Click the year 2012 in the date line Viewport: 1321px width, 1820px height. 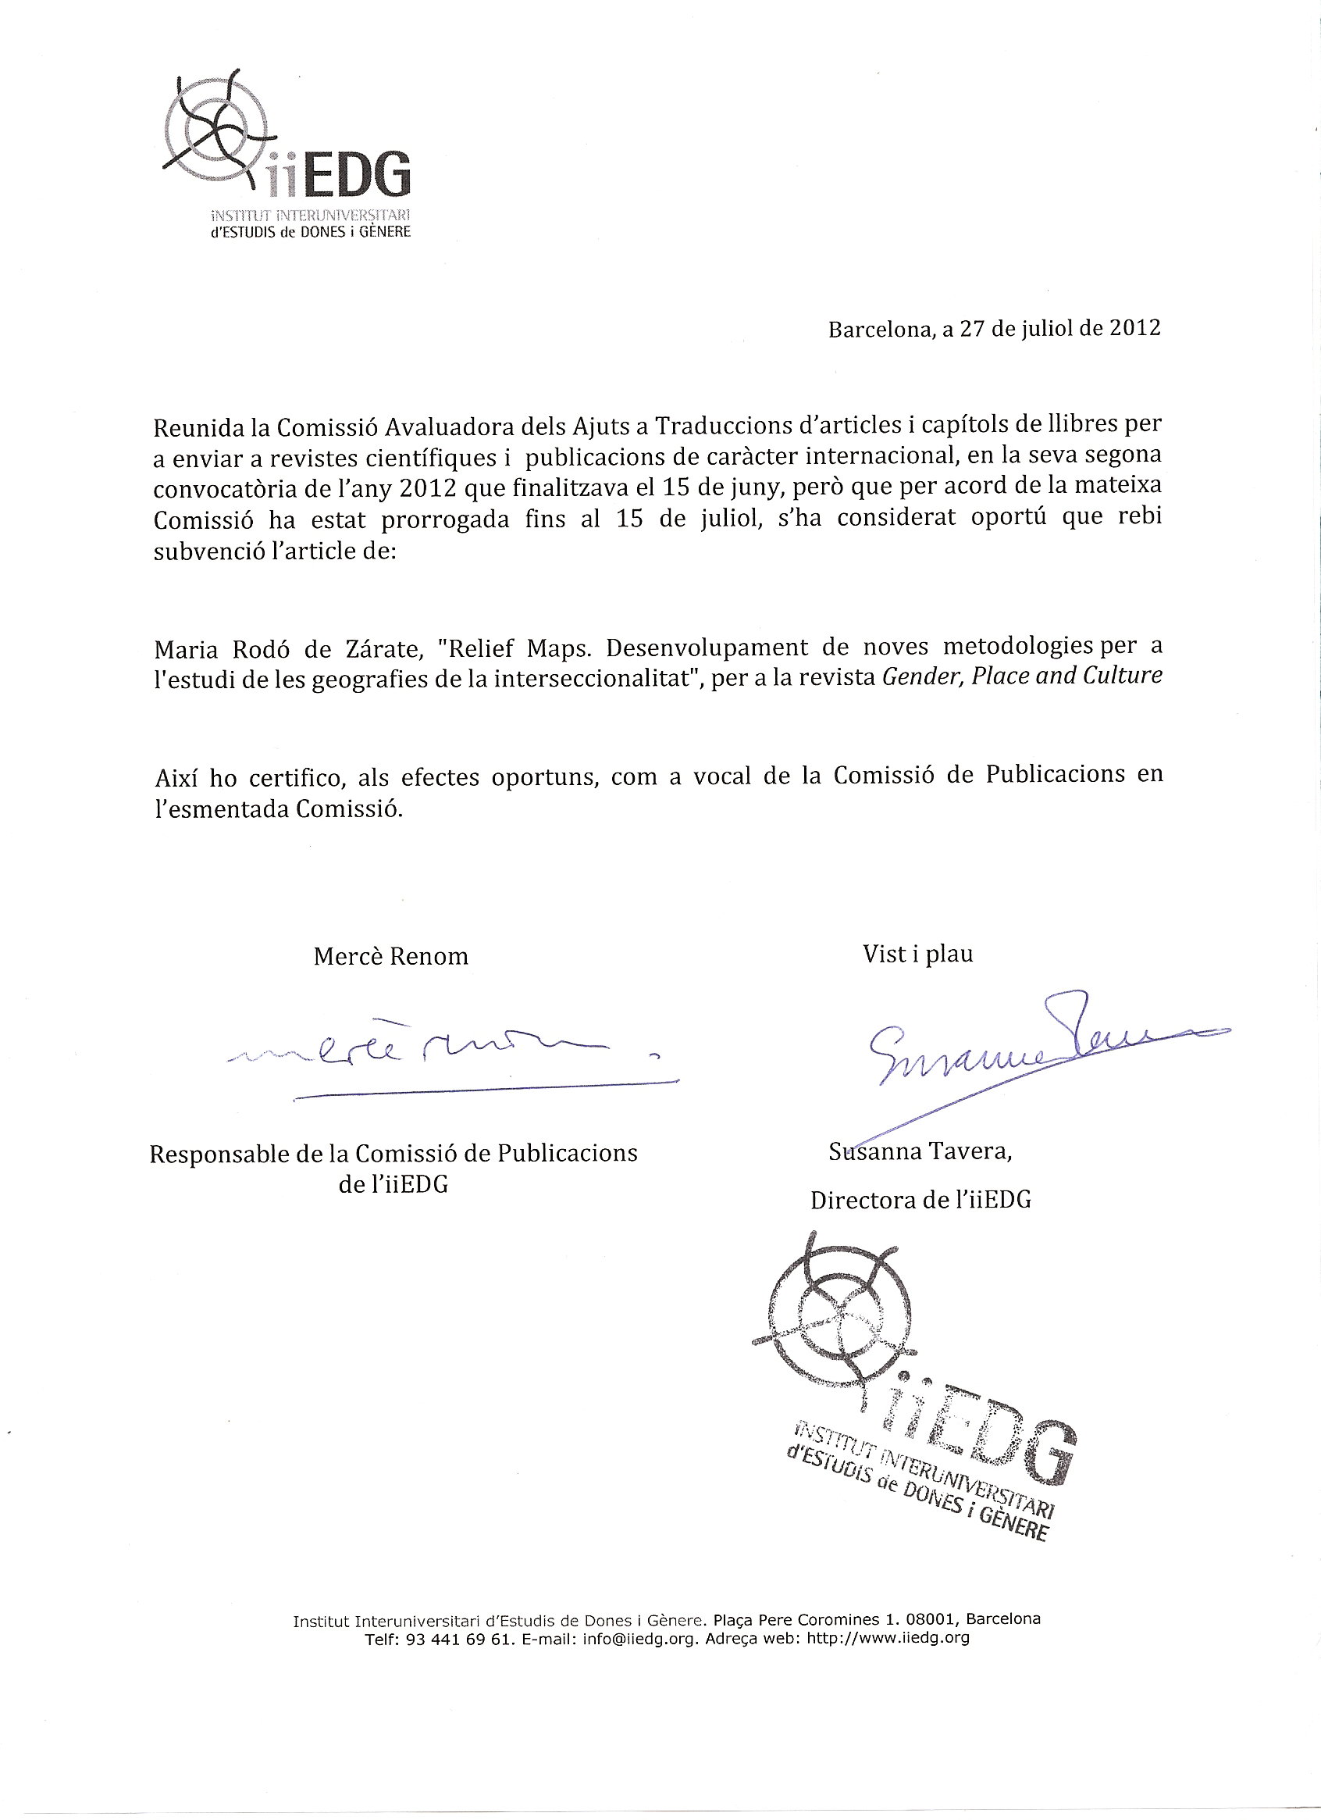tap(1134, 329)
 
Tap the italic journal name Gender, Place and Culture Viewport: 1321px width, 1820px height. tap(1022, 676)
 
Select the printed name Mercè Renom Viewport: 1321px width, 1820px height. tap(390, 957)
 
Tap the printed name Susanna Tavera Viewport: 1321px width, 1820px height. tap(920, 1152)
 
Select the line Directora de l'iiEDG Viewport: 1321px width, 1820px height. tap(920, 1200)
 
